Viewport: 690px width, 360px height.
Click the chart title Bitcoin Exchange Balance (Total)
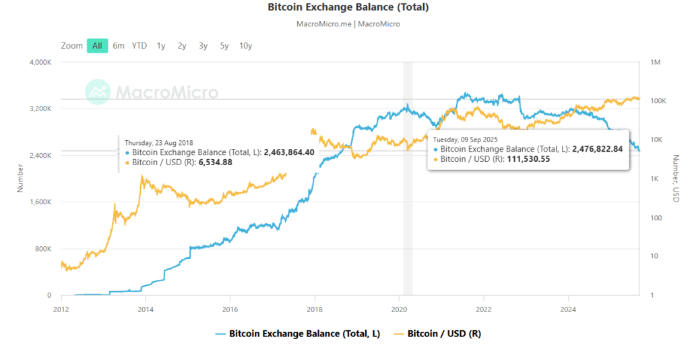tap(348, 8)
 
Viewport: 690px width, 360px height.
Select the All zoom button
tap(97, 46)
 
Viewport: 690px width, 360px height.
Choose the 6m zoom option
tap(119, 46)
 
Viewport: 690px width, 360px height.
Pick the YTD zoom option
tap(139, 46)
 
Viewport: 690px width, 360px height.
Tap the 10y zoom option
tap(245, 46)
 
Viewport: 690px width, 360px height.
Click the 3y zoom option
tap(203, 46)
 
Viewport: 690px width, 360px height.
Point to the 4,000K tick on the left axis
tap(38, 62)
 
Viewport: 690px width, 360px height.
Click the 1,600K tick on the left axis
tap(38, 202)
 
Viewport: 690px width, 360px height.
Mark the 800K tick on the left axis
tap(42, 249)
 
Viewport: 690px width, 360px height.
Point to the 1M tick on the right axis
tap(654, 62)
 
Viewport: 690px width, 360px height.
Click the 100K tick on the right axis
tap(658, 100)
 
